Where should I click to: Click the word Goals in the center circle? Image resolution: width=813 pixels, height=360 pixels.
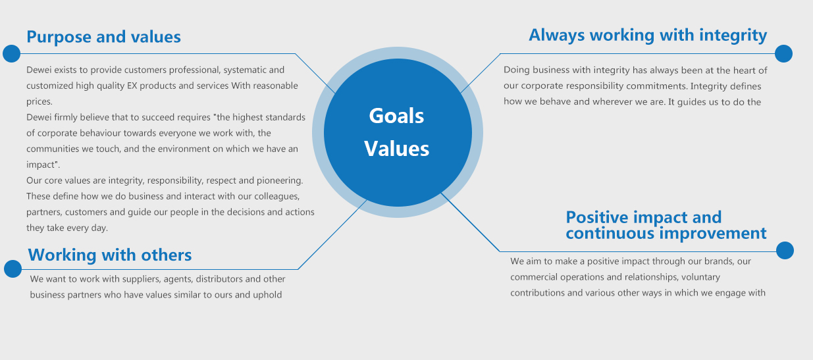[x=396, y=116]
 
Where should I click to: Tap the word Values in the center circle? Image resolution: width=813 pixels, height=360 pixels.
[x=397, y=149]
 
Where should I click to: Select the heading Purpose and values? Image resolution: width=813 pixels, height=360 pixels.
[x=104, y=37]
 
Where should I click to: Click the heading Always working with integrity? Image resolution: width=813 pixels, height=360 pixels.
[x=648, y=36]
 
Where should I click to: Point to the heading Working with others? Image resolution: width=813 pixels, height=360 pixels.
[x=110, y=255]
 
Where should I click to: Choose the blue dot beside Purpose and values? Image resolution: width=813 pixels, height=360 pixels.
[x=12, y=54]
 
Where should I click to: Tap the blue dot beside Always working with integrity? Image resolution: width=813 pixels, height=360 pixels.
[x=783, y=54]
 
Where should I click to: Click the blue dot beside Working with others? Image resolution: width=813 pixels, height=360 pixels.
[x=13, y=269]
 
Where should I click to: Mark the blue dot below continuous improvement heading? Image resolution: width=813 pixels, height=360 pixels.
[x=785, y=250]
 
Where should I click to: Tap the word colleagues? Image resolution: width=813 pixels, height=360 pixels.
[x=277, y=196]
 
